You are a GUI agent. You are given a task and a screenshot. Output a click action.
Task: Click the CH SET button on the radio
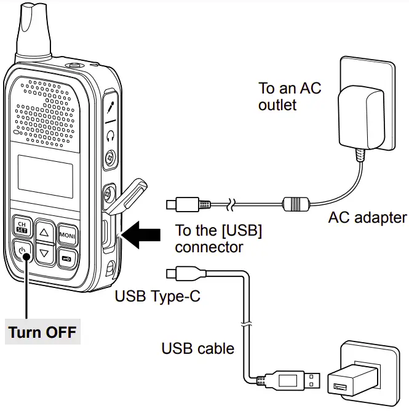point(22,226)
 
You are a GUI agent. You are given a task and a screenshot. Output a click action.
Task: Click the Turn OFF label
point(42,332)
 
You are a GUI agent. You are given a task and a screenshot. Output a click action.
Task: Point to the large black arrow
point(142,236)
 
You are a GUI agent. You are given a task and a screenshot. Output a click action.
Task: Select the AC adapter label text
point(367,217)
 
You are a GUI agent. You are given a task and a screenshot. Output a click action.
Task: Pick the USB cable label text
point(197,349)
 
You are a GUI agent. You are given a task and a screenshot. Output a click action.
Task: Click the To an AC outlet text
point(289,96)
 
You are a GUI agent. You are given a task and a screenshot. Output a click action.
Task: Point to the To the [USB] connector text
point(218,239)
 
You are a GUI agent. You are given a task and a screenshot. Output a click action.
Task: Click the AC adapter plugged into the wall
point(362,120)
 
